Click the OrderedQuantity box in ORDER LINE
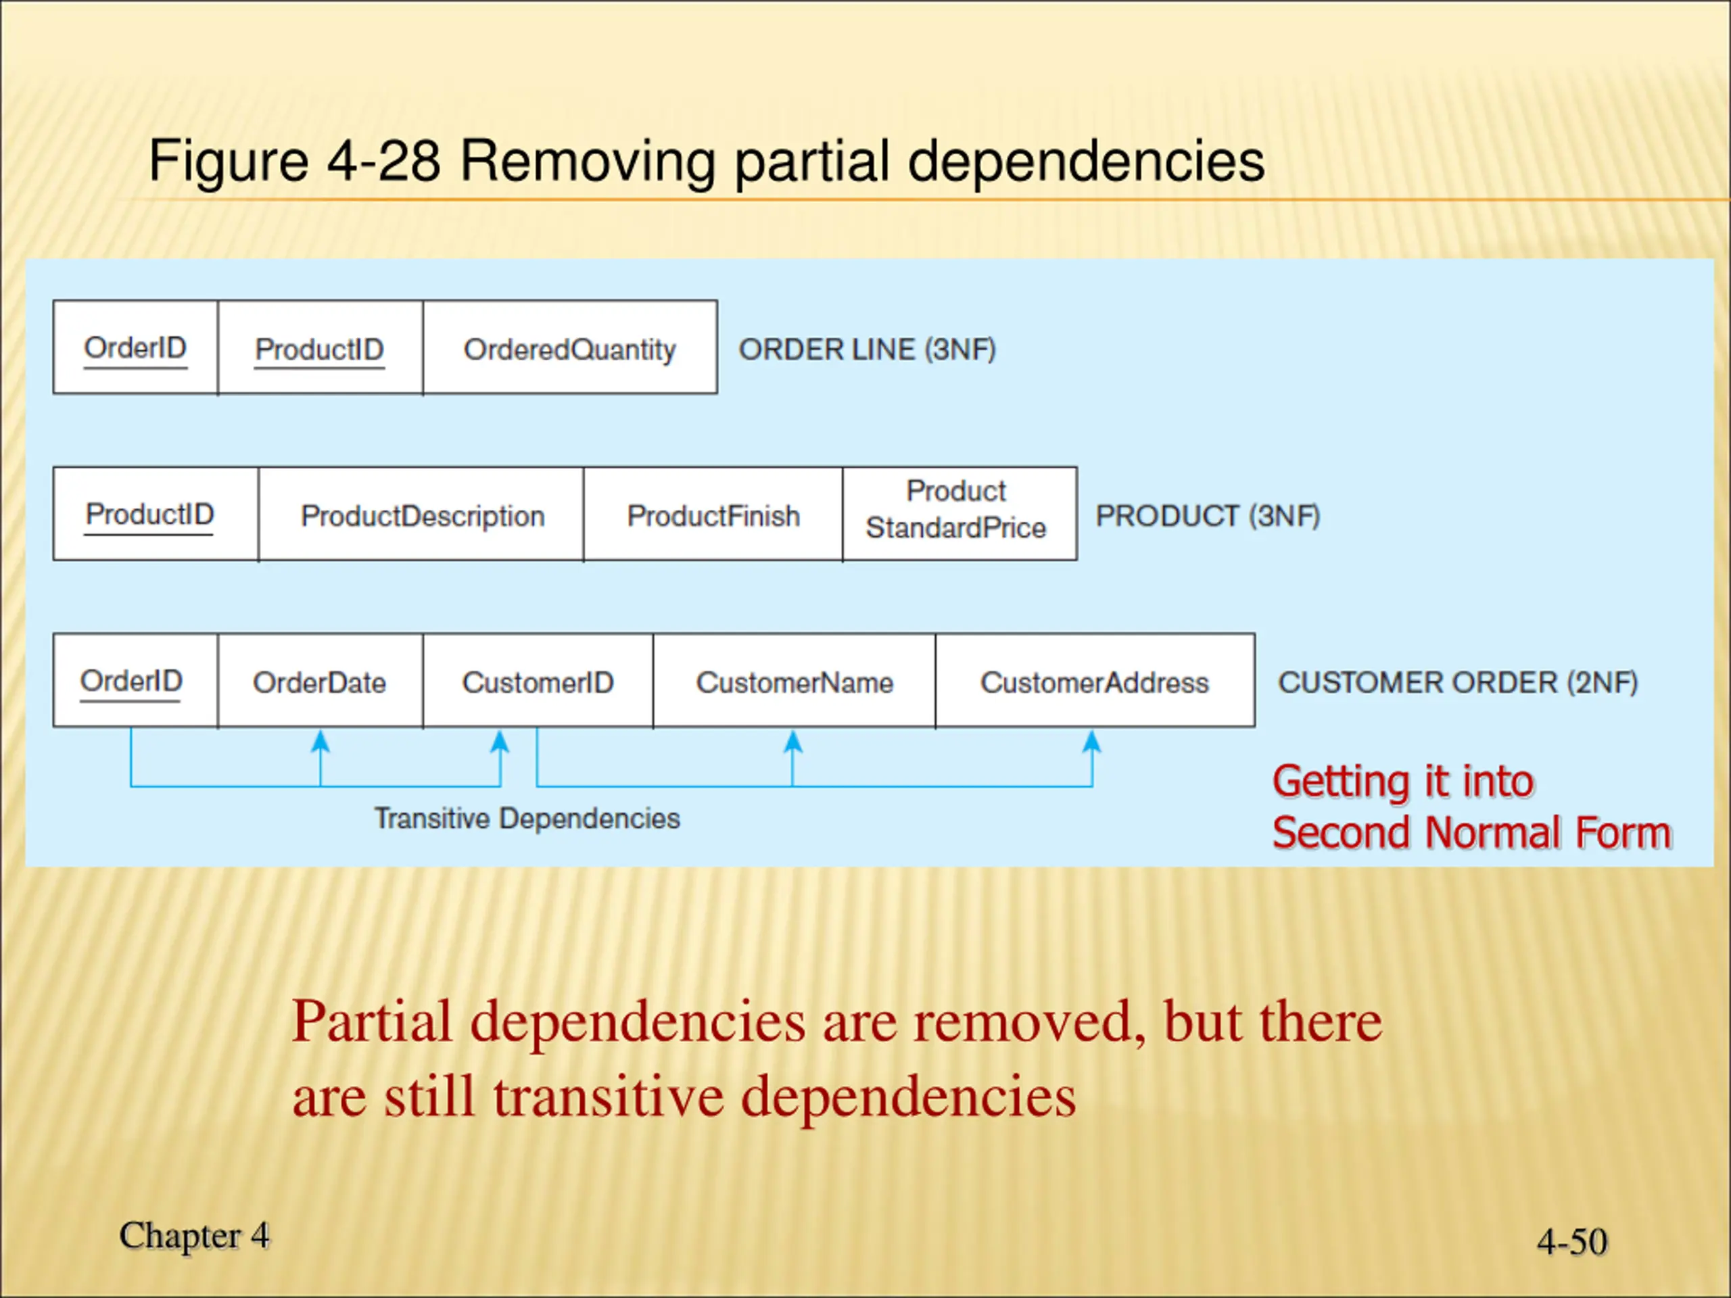(570, 348)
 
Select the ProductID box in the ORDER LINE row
(320, 348)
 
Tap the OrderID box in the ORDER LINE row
(135, 348)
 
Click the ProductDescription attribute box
(422, 515)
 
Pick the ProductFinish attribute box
(713, 515)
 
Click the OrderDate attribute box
(320, 681)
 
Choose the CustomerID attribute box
(538, 681)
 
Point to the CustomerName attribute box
(795, 681)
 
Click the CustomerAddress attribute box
(1095, 681)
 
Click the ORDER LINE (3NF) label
(867, 350)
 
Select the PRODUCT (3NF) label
(1208, 516)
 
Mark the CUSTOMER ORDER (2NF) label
(1457, 682)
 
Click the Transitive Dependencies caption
(527, 819)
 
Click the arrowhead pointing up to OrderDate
(320, 741)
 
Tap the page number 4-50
(1571, 1241)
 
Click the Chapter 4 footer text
(194, 1235)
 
